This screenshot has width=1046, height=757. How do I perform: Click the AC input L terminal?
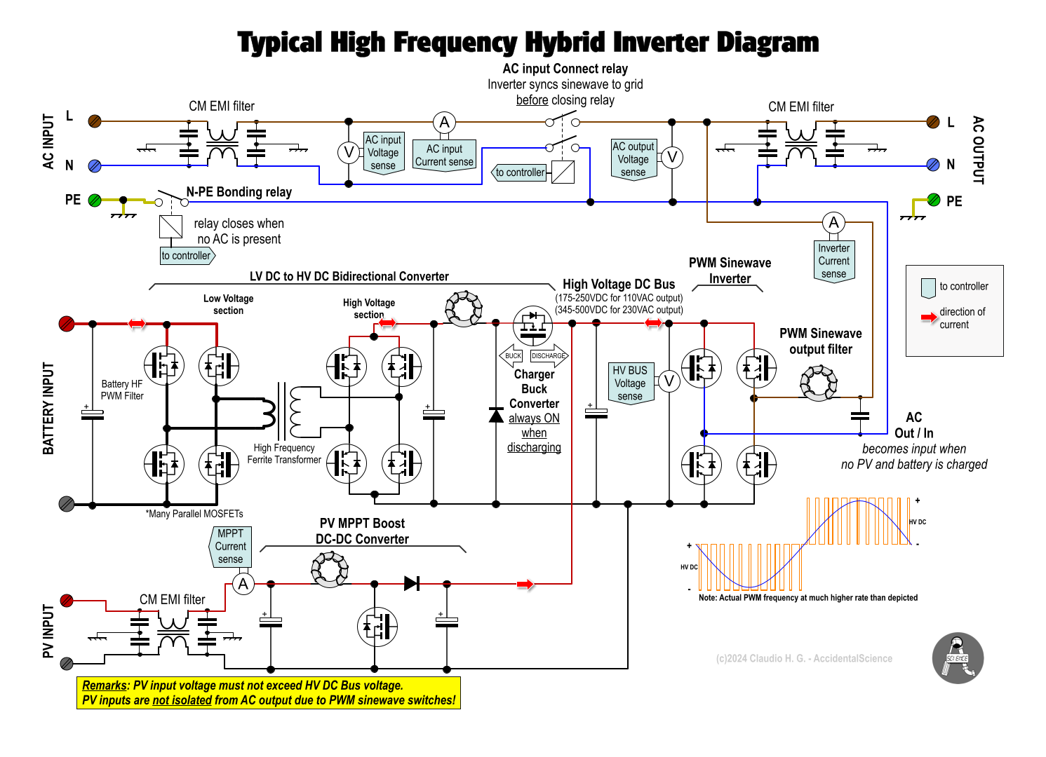[95, 121]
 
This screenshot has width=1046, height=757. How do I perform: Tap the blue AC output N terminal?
[932, 165]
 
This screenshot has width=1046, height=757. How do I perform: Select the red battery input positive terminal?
[67, 323]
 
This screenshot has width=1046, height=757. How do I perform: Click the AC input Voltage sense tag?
[383, 153]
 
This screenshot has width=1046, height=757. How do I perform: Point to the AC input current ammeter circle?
[444, 123]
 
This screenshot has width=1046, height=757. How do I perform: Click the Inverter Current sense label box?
[833, 261]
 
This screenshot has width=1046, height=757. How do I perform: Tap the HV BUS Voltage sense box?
[630, 383]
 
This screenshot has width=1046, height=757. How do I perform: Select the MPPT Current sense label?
[230, 547]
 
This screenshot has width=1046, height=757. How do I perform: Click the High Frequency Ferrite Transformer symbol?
[286, 411]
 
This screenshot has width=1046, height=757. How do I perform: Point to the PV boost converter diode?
[412, 583]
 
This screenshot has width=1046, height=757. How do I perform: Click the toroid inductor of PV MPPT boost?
[330, 568]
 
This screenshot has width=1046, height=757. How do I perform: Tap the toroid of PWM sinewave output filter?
[819, 383]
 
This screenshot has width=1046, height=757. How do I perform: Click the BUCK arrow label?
[512, 356]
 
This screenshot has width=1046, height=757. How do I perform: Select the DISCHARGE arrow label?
[549, 356]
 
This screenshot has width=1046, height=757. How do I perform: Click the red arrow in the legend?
[929, 318]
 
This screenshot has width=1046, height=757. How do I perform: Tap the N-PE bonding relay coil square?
[170, 226]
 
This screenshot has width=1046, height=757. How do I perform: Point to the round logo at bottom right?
[958, 658]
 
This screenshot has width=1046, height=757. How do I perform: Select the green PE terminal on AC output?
[934, 200]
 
